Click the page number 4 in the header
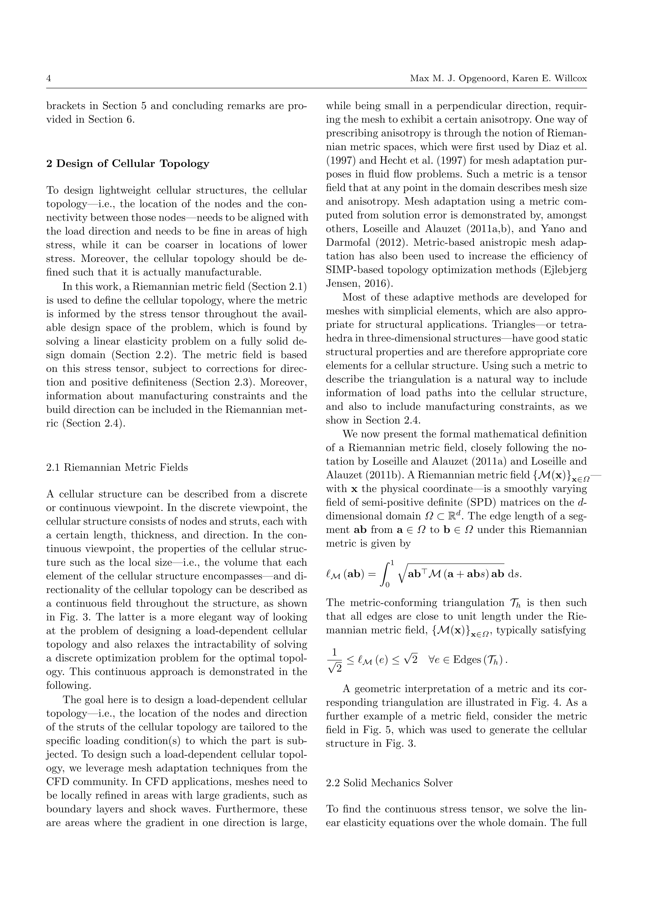pos(49,79)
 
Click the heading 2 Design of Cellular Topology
pos(128,164)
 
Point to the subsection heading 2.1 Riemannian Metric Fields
pos(117,467)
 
